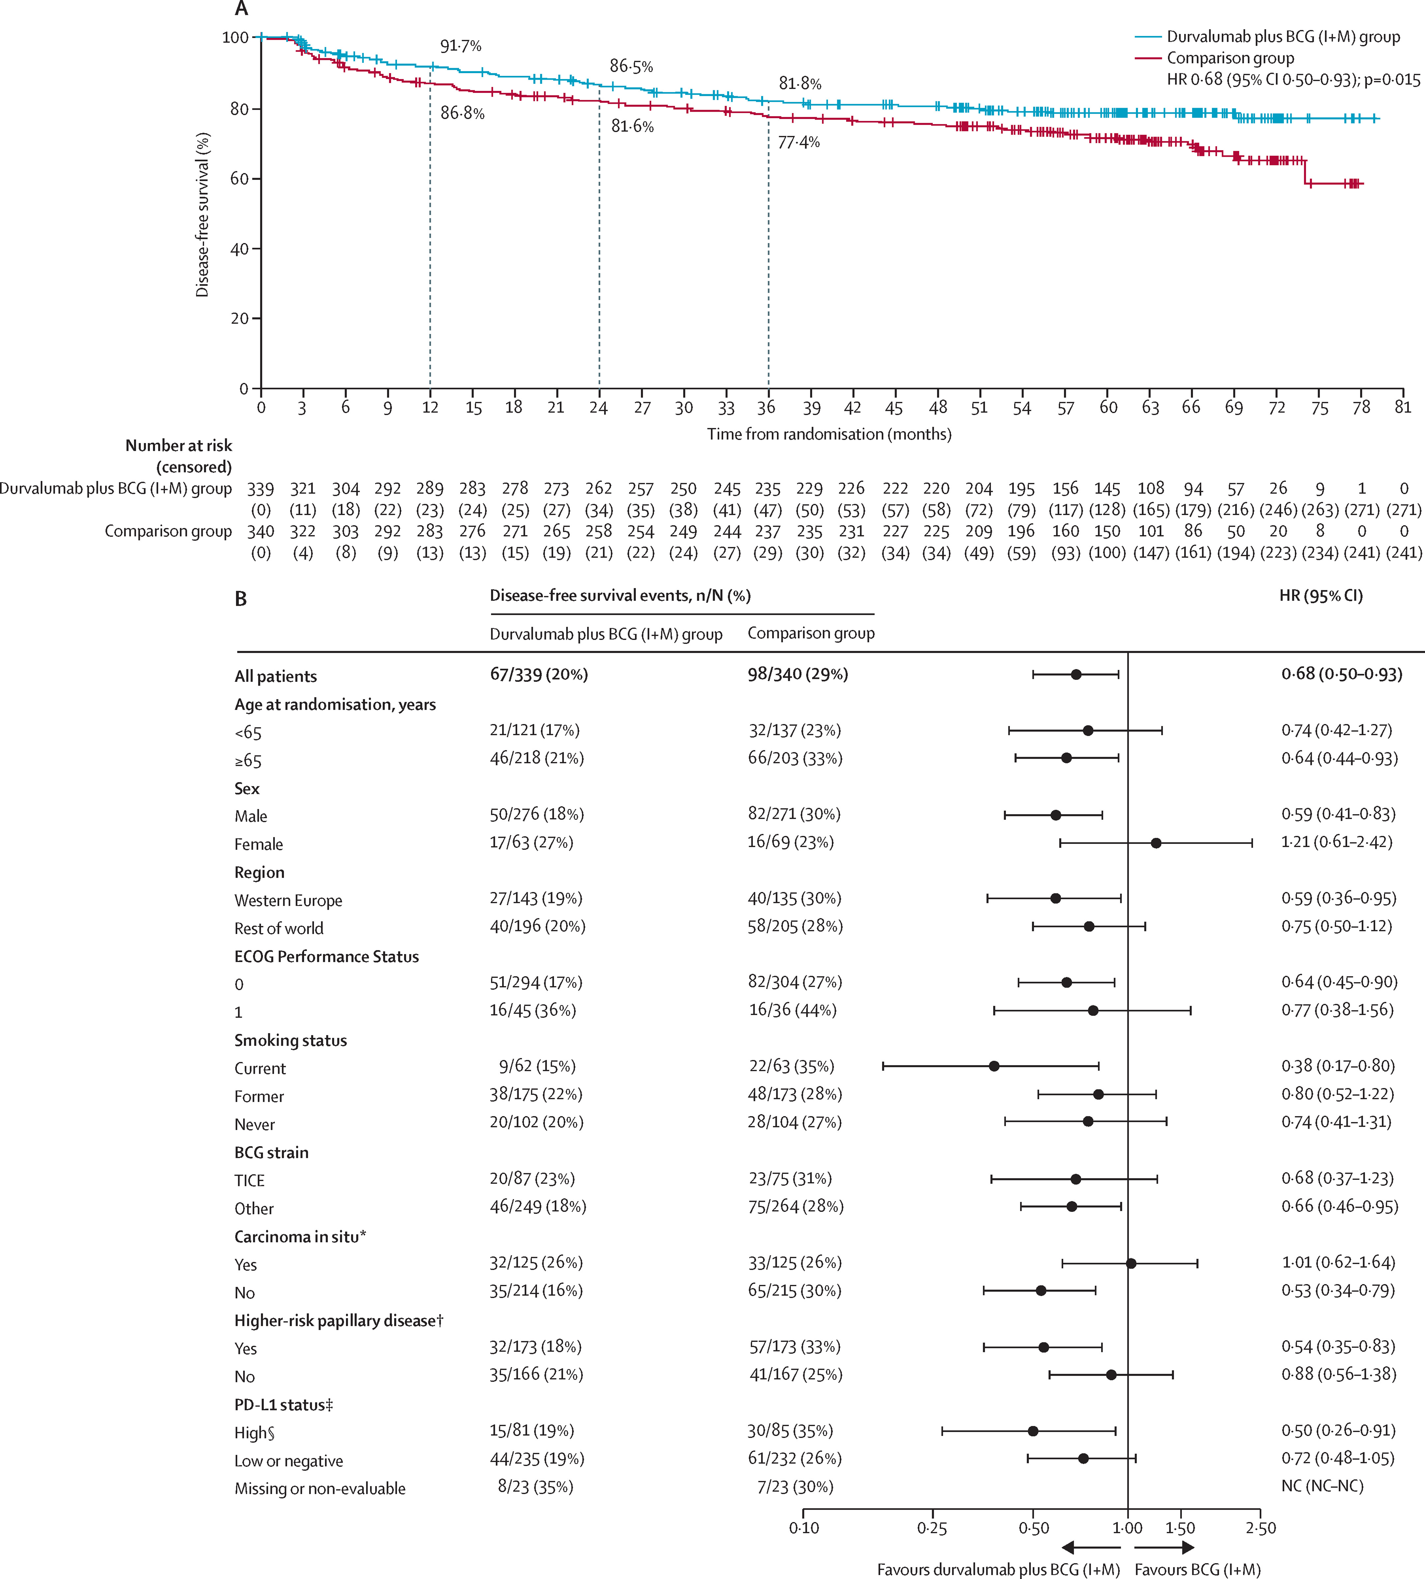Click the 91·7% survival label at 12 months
pos(460,46)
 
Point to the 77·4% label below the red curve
pos(799,143)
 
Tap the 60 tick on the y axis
pos(240,179)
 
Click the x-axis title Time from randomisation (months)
pos(829,434)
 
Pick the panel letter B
pos(241,599)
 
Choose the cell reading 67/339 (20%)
pos(539,674)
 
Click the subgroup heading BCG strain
pos(272,1152)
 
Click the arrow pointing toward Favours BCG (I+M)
pos(1164,1547)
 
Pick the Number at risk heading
pos(179,445)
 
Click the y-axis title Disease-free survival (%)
pos(203,214)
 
